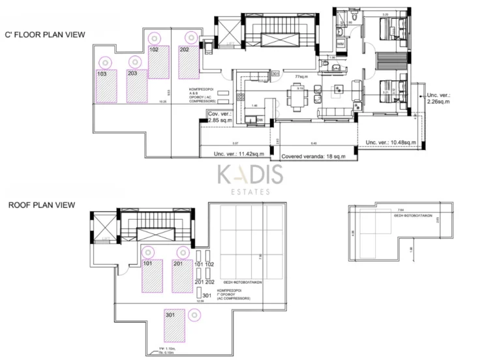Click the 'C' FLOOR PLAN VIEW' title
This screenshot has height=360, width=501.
coord(44,35)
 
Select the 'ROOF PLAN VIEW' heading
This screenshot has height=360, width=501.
coord(41,205)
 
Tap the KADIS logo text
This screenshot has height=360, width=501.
coord(250,175)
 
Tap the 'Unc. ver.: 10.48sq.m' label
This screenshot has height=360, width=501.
coord(389,142)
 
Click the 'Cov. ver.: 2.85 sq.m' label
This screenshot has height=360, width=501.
coord(220,117)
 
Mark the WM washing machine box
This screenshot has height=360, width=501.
coord(341,43)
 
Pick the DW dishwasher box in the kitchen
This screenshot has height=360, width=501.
coord(259,120)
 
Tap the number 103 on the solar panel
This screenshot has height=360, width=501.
coord(102,74)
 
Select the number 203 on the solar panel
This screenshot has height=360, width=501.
coord(132,74)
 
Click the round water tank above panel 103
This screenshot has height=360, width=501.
coord(104,62)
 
